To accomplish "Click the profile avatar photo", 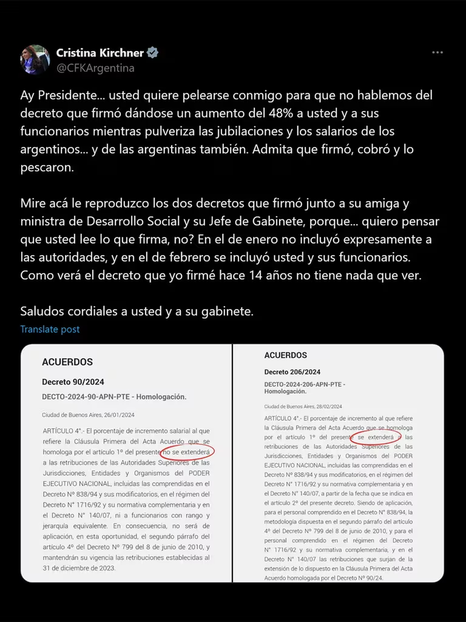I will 35,59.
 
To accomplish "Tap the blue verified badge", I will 153,52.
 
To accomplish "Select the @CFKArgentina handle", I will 96,68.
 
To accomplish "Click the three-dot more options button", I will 437,52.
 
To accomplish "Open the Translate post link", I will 50,329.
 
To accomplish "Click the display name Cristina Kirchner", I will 100,52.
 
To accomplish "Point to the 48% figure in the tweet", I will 281,113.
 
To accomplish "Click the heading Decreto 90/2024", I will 73,382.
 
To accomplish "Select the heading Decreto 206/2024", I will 292,372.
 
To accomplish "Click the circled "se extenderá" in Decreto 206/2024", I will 376,437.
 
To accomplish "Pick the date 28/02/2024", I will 329,406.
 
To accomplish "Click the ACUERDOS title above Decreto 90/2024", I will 67,362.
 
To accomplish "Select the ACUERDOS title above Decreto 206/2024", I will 285,355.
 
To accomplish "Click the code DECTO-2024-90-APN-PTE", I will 86,397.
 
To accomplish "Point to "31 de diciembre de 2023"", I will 79,568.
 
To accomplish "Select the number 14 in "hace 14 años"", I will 256,275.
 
